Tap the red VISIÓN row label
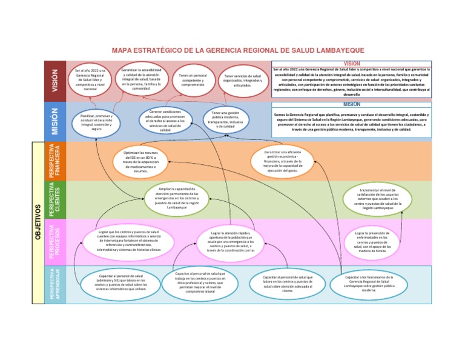pos(54,80)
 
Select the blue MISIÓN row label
pos(54,121)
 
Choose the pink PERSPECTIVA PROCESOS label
pos(54,242)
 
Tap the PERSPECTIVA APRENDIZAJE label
pos(54,284)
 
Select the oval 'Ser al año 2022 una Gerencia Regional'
pos(90,80)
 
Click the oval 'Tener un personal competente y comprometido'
pos(193,80)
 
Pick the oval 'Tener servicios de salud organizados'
pos(242,80)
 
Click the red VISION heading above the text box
pos(352,63)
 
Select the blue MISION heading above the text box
pos(352,104)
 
